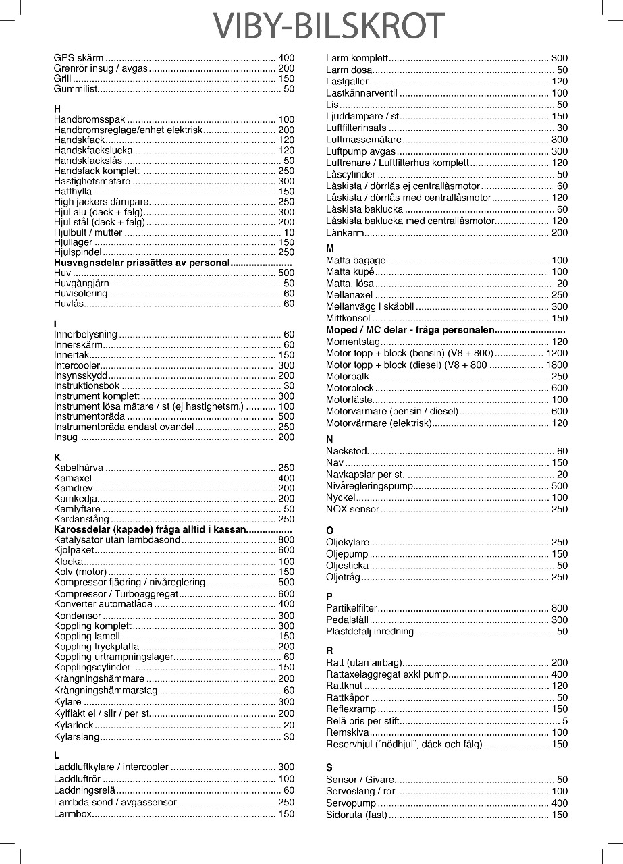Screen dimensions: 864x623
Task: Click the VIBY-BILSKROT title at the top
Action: click(x=330, y=26)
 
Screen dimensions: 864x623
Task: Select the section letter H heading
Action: click(x=57, y=109)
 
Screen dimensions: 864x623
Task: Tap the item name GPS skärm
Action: click(x=78, y=58)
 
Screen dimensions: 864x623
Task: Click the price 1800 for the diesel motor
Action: click(x=556, y=365)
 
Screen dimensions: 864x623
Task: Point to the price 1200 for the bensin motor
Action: click(x=556, y=354)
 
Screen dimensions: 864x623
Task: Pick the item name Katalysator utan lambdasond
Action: click(x=117, y=540)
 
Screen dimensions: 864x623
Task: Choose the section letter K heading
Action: click(x=57, y=457)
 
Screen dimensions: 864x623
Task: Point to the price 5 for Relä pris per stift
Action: click(x=564, y=721)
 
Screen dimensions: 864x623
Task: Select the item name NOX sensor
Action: click(x=352, y=509)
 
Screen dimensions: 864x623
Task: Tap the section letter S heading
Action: click(x=329, y=767)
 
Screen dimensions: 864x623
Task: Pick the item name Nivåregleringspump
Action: click(x=369, y=486)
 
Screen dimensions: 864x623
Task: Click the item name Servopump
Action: click(x=351, y=803)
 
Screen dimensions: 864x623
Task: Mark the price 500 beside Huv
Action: click(x=286, y=273)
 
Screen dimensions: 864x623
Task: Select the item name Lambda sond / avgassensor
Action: click(x=115, y=803)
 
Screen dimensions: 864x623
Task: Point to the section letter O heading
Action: click(x=329, y=531)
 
